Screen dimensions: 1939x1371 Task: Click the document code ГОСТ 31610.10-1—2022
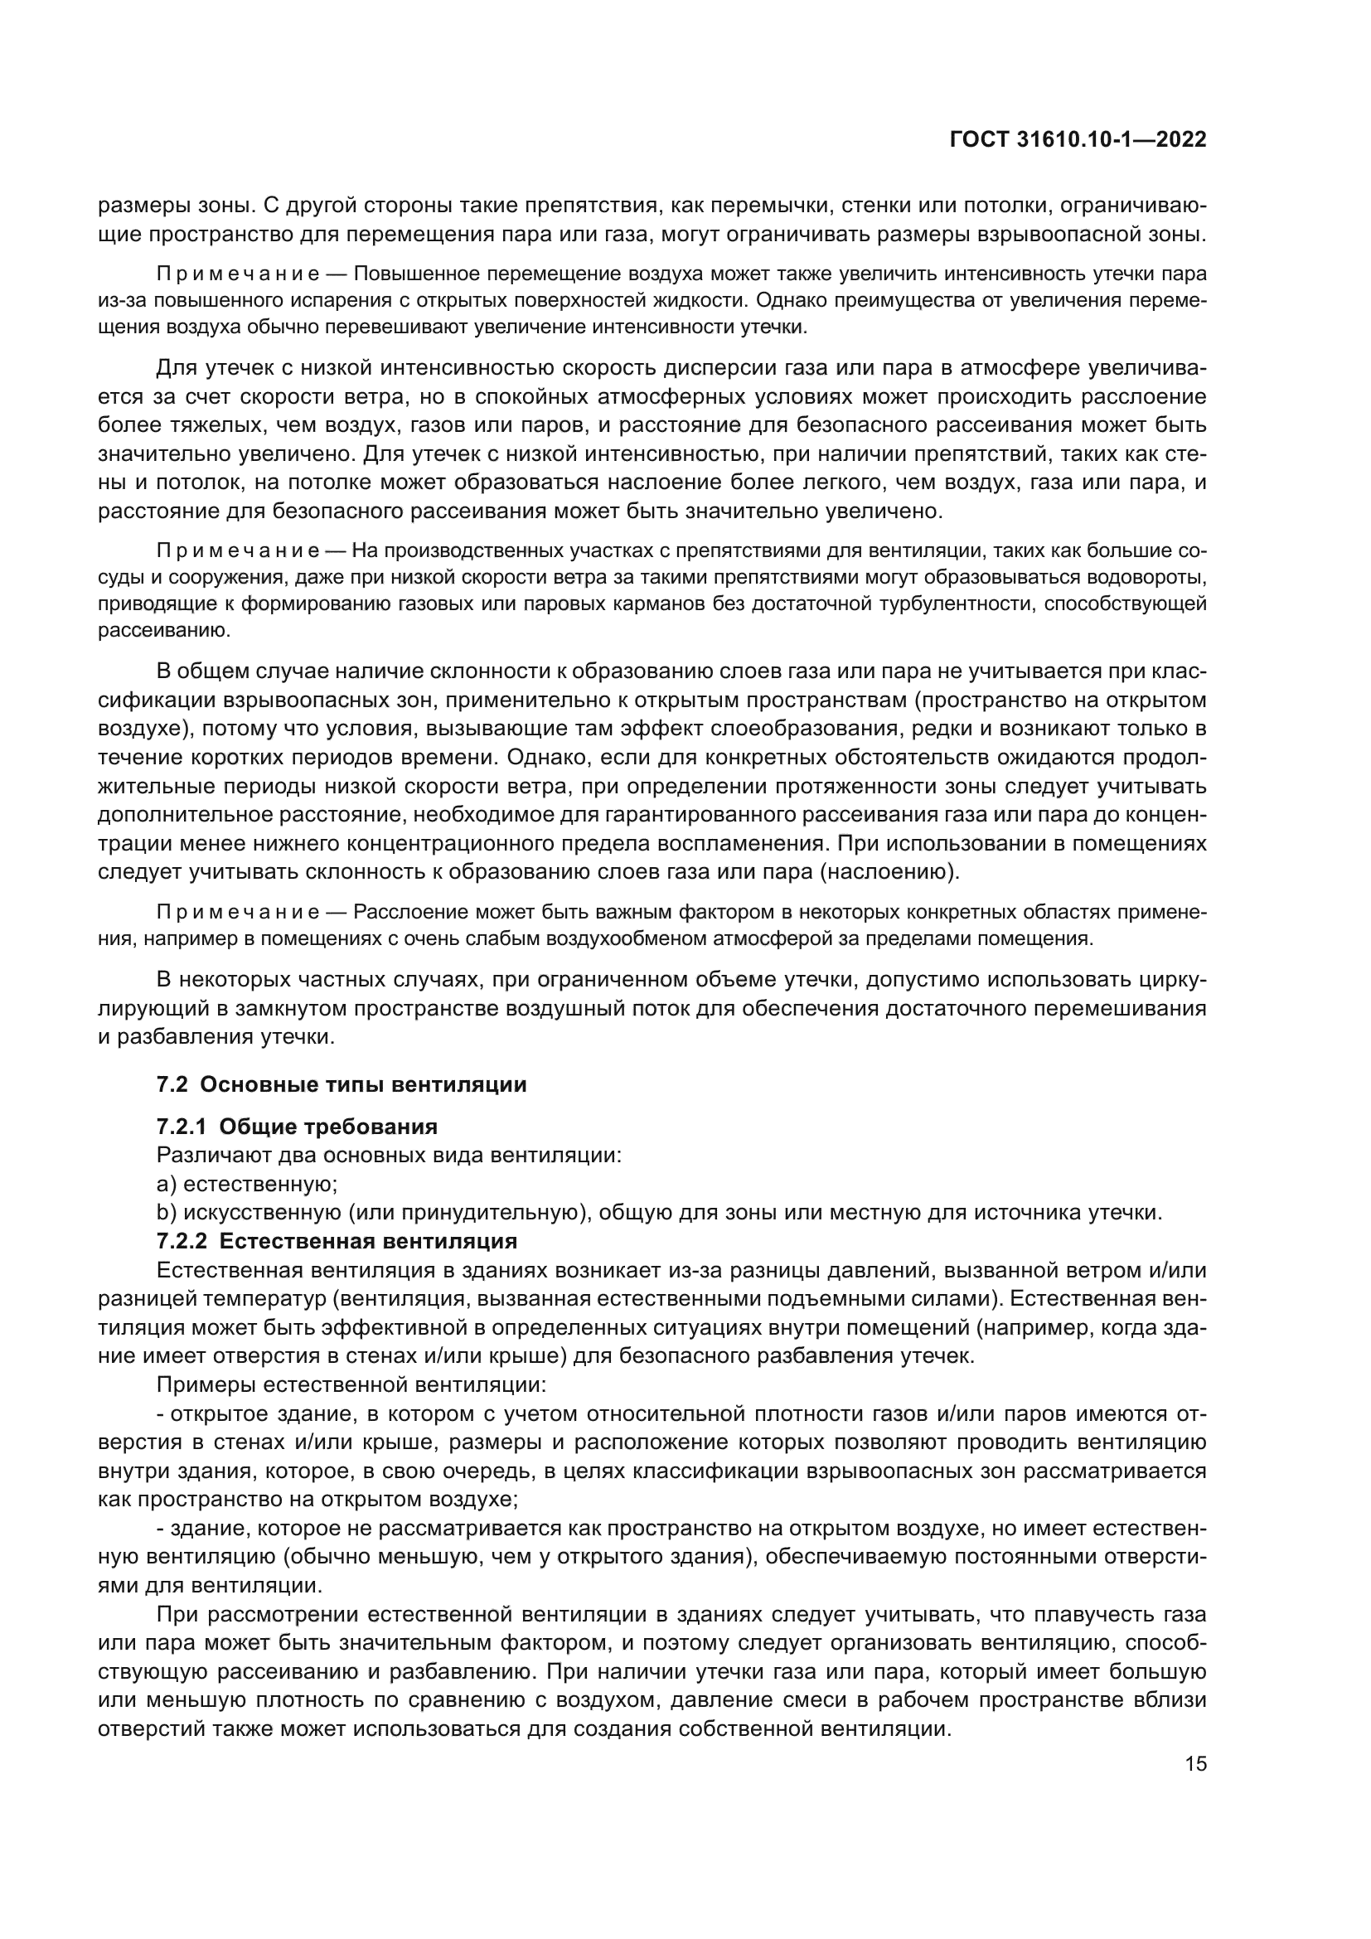coord(1078,140)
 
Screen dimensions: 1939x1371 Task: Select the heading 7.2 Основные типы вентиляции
coord(341,1084)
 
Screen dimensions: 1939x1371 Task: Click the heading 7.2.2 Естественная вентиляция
coord(336,1241)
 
